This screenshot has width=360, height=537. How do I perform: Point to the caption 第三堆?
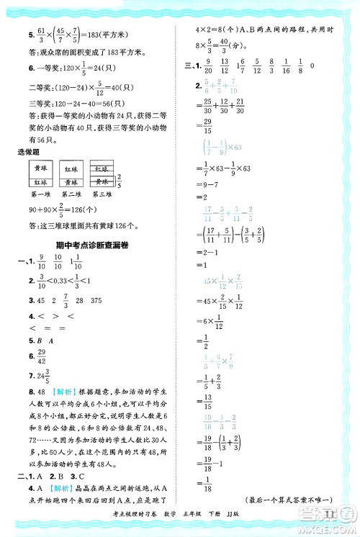102,194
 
